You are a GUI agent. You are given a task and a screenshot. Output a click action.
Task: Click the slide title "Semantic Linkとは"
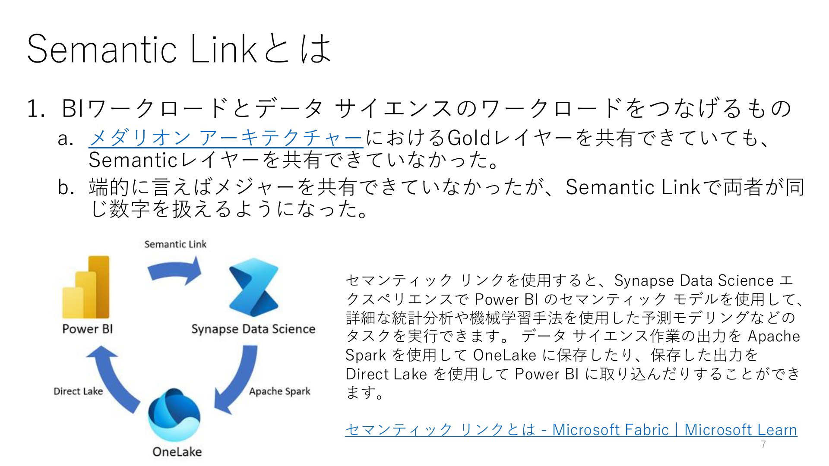(179, 48)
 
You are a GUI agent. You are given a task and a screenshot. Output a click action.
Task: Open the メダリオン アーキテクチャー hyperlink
(225, 138)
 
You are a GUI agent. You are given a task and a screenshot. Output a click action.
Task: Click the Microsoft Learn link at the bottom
(571, 429)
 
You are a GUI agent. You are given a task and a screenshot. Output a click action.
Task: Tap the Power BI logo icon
(86, 287)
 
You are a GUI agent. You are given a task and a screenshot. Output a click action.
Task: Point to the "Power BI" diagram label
(88, 329)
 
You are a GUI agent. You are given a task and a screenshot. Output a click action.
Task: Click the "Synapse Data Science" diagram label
(253, 329)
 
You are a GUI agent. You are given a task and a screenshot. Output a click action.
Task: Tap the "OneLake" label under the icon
(177, 452)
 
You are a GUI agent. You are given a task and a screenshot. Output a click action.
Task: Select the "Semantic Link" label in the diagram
(175, 244)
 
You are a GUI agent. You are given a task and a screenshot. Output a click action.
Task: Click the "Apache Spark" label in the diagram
(280, 391)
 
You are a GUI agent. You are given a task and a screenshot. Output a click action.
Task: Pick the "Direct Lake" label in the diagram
(78, 391)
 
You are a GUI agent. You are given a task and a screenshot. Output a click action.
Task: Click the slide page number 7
(763, 445)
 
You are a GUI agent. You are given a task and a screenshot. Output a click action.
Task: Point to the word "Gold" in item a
(468, 138)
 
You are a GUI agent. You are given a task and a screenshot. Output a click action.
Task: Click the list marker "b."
(66, 187)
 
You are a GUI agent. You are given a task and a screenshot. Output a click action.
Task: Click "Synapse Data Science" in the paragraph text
(694, 280)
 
